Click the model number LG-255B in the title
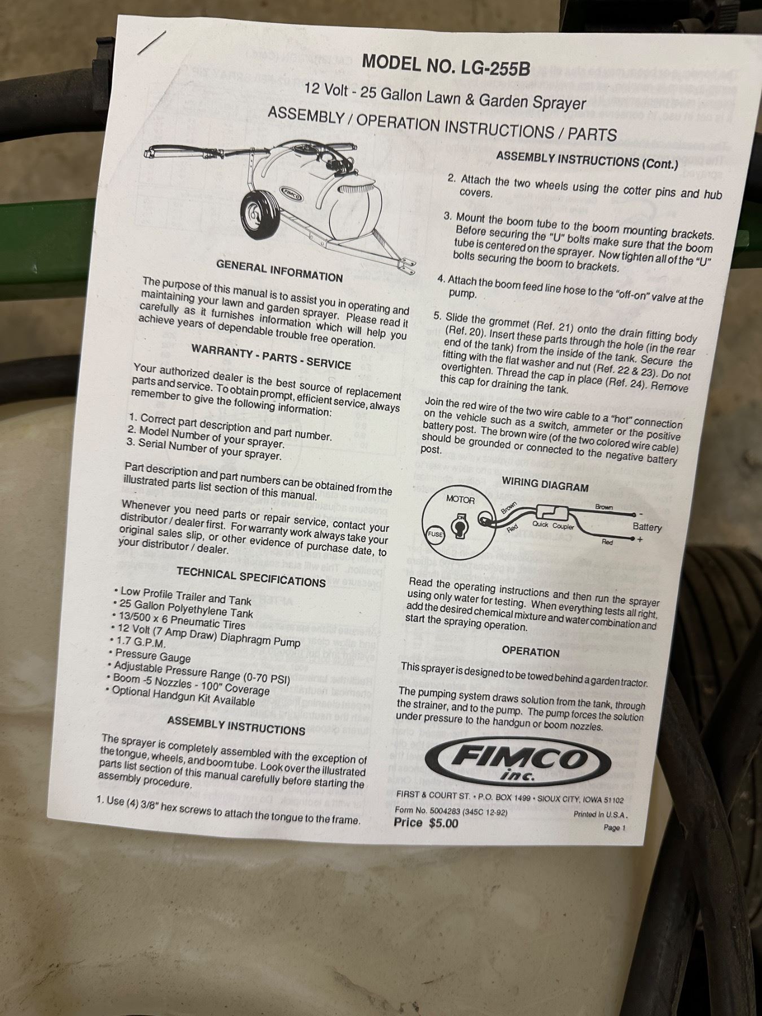(x=496, y=67)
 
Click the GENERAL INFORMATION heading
(x=279, y=271)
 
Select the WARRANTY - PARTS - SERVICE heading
(x=271, y=357)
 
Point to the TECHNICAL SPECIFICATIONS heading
(x=251, y=577)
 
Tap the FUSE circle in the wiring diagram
(x=435, y=533)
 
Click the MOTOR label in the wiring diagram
(x=461, y=500)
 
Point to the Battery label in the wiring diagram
(x=647, y=527)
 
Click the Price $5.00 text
(x=426, y=823)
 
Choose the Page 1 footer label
(x=615, y=827)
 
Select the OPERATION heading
(x=531, y=652)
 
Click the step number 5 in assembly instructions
(x=437, y=317)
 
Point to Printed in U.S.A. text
(x=601, y=814)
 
